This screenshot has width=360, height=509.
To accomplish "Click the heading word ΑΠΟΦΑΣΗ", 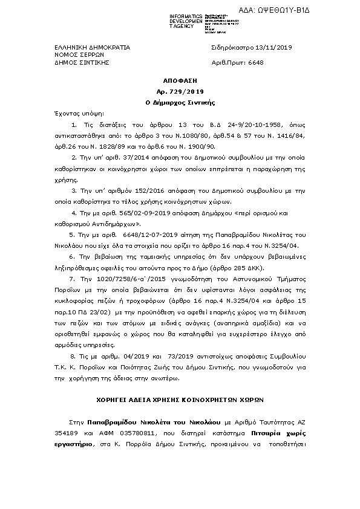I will tap(180, 80).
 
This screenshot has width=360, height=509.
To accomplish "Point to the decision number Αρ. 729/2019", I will tap(180, 91).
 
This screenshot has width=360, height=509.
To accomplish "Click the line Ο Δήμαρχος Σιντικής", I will tap(180, 103).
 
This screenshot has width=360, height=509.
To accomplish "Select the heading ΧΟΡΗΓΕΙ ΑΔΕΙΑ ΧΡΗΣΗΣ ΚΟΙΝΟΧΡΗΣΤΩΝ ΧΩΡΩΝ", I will tap(180, 400).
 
